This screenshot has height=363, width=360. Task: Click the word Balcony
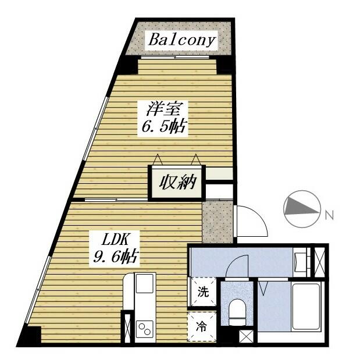182,41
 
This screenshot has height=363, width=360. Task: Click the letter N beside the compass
329,215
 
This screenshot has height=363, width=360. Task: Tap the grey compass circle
301,210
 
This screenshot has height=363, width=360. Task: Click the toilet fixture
237,313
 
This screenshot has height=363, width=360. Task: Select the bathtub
306,307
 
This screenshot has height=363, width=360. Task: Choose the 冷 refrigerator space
202,326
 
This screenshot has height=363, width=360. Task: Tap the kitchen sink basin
144,285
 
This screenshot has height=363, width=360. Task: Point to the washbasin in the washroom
301,260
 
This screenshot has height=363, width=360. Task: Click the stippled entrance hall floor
217,222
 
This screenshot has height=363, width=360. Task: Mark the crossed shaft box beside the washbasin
319,262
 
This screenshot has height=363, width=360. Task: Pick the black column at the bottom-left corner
29,336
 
